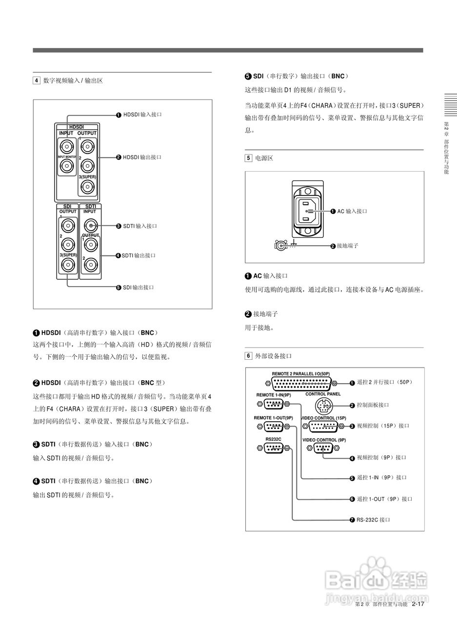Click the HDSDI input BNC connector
coord(66,146)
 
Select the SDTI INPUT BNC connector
coord(90,226)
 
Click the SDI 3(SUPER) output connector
coord(67,265)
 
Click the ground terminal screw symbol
coord(281,246)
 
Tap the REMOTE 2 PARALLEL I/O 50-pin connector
coord(301,383)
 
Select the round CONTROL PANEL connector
coord(323,405)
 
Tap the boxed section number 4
coord(36,80)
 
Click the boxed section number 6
coord(248,356)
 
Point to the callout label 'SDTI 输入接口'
coord(140,226)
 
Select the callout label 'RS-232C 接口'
coord(373,520)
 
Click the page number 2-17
coord(417,604)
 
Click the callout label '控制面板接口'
coord(373,405)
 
